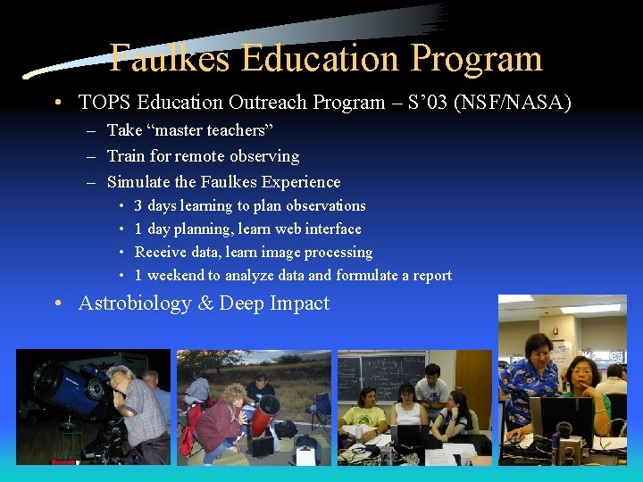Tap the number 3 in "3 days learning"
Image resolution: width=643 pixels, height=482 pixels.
[138, 206]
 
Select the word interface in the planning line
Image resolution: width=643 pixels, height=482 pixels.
[331, 229]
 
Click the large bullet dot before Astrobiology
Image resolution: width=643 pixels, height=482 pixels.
[57, 303]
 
